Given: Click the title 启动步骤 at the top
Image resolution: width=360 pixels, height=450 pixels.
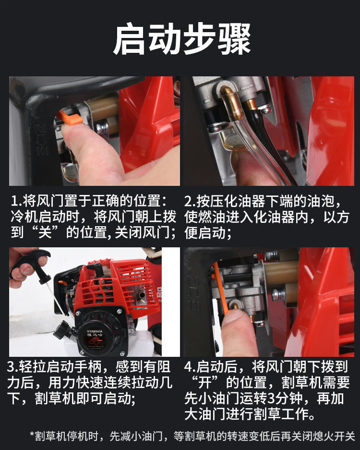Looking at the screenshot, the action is coord(182,39).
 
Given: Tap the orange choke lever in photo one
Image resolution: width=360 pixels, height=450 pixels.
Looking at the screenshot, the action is coord(70,117).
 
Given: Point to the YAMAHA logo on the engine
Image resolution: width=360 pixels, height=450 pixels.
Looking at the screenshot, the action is coord(95,331).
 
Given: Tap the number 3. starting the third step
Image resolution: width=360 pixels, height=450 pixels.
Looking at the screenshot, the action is coord(13,367).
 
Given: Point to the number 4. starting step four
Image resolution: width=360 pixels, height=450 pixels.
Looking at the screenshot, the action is coord(190,367).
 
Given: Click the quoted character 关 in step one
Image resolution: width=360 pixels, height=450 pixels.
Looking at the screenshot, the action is coord(45,232).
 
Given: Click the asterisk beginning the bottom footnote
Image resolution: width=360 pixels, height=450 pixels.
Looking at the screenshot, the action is coord(32,434).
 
